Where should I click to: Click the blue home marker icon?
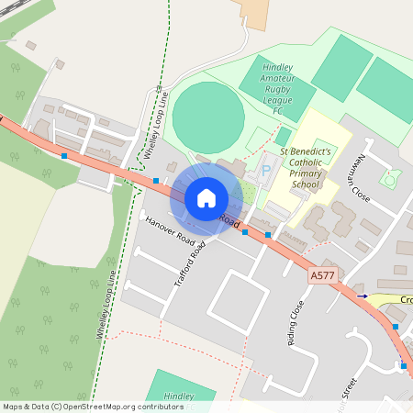[206, 197]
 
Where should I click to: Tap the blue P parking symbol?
[267, 170]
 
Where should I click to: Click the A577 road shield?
[322, 274]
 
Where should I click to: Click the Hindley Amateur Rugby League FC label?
[271, 89]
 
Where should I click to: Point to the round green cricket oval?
[208, 117]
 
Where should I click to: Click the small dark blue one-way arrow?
[363, 296]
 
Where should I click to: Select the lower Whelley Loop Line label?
[104, 298]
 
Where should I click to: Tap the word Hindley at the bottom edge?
[179, 396]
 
